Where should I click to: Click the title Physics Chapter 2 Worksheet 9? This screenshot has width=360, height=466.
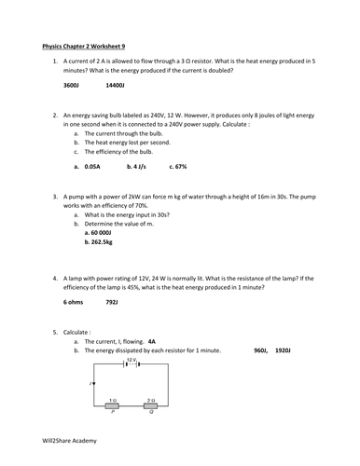[90, 46]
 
